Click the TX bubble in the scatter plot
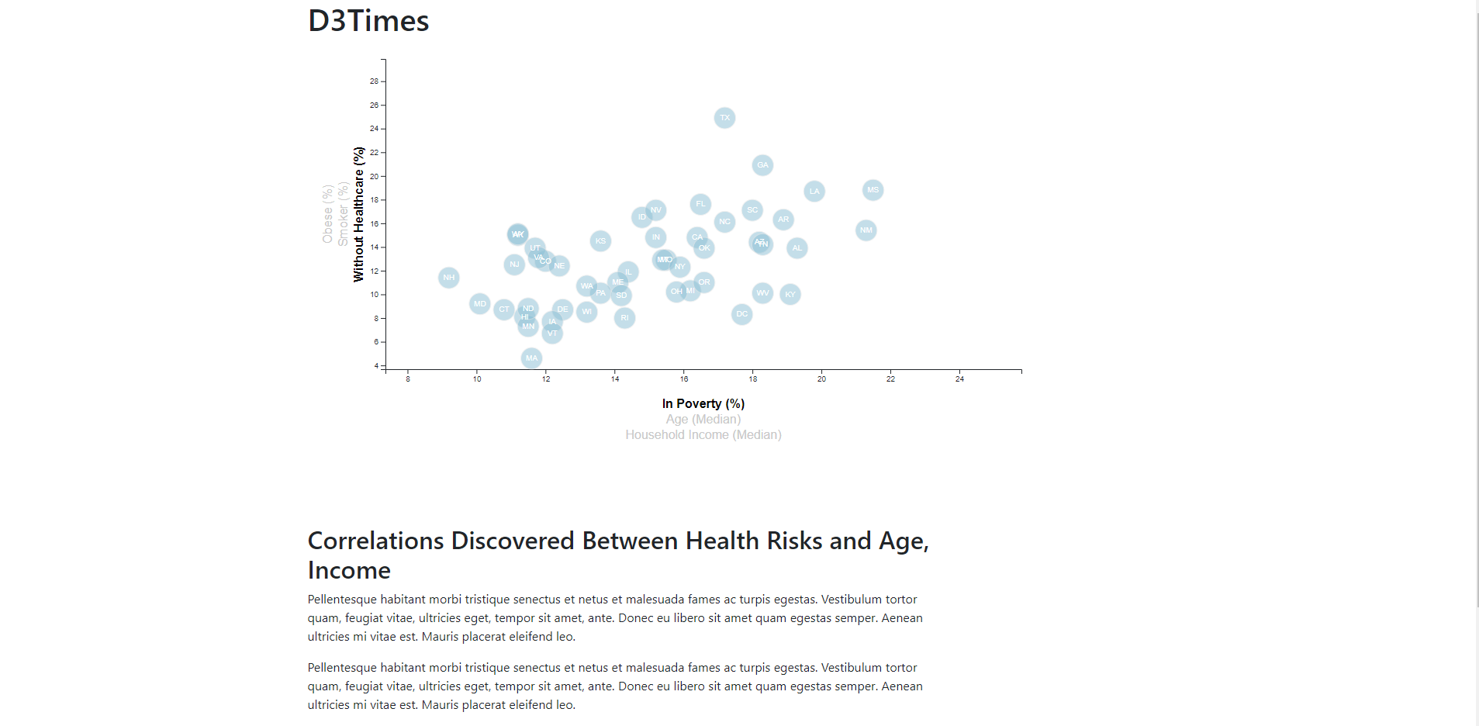point(724,118)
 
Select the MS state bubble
point(873,190)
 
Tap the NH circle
point(448,278)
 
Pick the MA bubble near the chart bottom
point(531,358)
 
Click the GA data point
point(762,165)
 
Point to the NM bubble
point(866,230)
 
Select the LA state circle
point(814,192)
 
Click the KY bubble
point(790,295)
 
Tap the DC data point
point(741,314)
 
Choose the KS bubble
point(600,241)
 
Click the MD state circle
point(479,304)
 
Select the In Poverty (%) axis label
point(703,403)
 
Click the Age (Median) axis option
point(703,420)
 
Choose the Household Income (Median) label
point(703,435)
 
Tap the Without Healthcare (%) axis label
point(358,214)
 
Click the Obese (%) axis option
point(327,214)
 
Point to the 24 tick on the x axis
point(959,379)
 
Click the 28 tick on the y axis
point(375,81)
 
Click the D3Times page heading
point(368,21)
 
